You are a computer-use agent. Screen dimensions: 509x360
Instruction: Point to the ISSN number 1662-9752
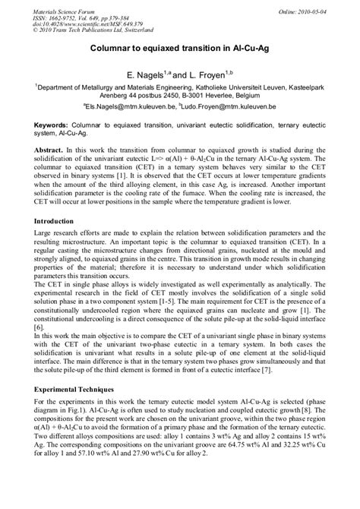point(65,14)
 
